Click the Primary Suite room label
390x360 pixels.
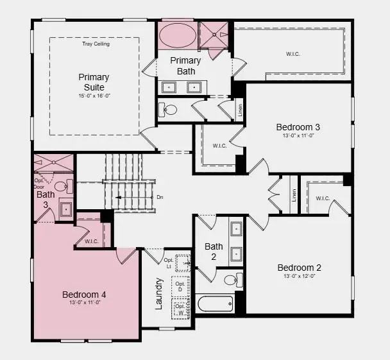click(x=94, y=81)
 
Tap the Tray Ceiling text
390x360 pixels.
click(x=96, y=44)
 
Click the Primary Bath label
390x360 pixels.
click(x=185, y=65)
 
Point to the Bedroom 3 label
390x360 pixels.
click(x=298, y=127)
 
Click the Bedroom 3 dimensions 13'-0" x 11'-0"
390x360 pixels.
click(x=298, y=136)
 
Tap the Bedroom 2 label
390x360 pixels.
click(x=299, y=268)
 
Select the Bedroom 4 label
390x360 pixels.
click(x=84, y=295)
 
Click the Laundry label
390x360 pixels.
click(x=159, y=293)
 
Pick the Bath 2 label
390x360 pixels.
click(x=214, y=252)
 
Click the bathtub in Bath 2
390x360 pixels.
click(x=215, y=303)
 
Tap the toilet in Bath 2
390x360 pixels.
click(x=231, y=280)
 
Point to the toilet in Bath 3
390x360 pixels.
click(x=62, y=187)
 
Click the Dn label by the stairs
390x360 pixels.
click(x=160, y=197)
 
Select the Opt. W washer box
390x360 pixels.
click(x=181, y=309)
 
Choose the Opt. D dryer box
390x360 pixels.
click(x=181, y=287)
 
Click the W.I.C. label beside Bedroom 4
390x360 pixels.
click(x=90, y=241)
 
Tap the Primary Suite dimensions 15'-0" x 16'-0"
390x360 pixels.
click(x=94, y=96)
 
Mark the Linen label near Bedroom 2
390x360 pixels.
click(x=294, y=195)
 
